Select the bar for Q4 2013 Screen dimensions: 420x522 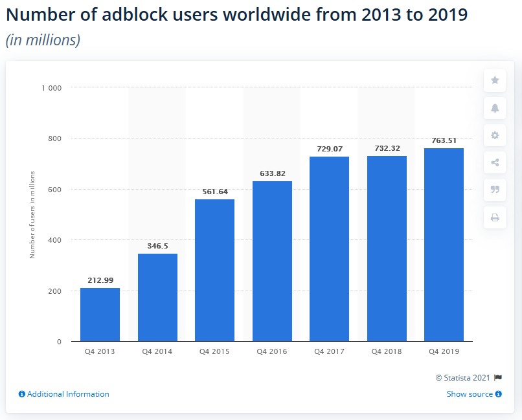(x=100, y=315)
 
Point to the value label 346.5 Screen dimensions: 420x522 (x=157, y=247)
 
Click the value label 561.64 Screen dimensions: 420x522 (x=214, y=192)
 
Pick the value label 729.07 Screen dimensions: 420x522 (x=329, y=149)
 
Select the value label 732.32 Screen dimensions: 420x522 (x=387, y=148)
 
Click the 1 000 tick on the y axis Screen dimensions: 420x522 (x=52, y=87)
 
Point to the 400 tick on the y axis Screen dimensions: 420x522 (x=55, y=240)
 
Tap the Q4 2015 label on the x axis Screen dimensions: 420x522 (x=214, y=351)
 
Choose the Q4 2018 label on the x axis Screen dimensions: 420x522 (x=387, y=351)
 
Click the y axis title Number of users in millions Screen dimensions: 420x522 (x=32, y=214)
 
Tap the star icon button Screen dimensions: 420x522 (x=495, y=80)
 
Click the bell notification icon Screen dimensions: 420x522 (x=495, y=108)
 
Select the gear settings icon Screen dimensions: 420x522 (x=495, y=135)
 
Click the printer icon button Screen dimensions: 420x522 (x=495, y=217)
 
